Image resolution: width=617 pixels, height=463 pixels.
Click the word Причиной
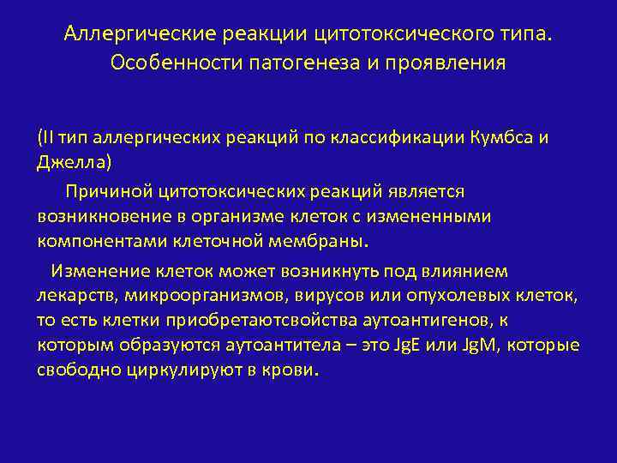pyautogui.click(x=106, y=192)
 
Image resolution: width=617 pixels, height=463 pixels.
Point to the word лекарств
pyautogui.click(x=77, y=296)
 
